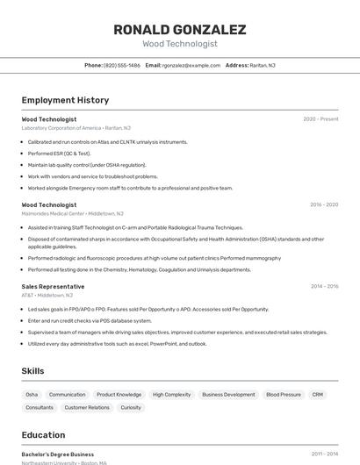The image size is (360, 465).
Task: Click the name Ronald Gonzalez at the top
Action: click(179, 30)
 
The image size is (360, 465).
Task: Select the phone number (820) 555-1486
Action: click(122, 65)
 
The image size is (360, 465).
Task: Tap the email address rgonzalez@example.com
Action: click(191, 65)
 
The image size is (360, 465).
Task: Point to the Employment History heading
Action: click(65, 100)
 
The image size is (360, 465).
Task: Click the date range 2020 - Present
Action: click(320, 119)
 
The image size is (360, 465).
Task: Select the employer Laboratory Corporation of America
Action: click(61, 128)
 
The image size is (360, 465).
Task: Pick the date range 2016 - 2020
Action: click(323, 204)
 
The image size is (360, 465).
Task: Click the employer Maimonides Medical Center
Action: click(53, 213)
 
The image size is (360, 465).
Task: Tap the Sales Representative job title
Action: click(53, 286)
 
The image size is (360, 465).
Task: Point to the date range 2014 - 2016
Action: click(323, 286)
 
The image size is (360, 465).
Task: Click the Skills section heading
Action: click(32, 371)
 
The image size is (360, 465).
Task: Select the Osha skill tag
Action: click(32, 395)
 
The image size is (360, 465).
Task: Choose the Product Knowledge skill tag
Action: click(119, 395)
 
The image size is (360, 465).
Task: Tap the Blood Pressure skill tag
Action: click(284, 395)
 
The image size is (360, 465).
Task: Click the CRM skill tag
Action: click(318, 395)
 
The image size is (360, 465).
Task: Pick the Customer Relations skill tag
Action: click(87, 407)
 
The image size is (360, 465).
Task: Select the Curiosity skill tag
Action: click(131, 407)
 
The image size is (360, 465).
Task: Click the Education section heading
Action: click(43, 434)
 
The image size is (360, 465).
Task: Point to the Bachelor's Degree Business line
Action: click(58, 454)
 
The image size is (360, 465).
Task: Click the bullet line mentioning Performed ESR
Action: click(59, 154)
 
